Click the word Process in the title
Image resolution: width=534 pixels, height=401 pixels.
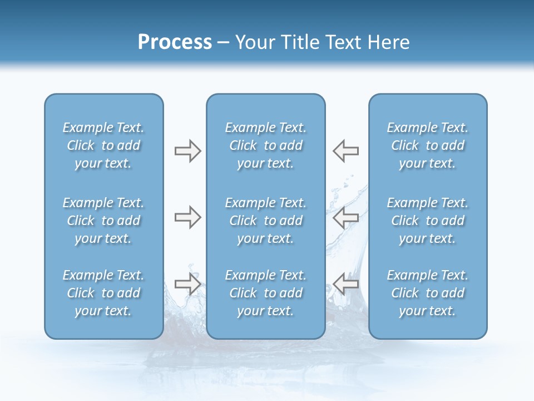click(x=175, y=42)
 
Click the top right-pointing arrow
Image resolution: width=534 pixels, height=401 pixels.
click(x=187, y=151)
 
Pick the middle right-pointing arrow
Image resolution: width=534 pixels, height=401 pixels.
click(x=187, y=217)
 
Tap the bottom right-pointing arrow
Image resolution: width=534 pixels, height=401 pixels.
click(x=187, y=284)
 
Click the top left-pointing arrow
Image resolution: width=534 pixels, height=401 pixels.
click(x=345, y=151)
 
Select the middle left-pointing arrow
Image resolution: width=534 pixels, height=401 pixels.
click(x=345, y=217)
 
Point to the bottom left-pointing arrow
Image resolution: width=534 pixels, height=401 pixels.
click(x=345, y=284)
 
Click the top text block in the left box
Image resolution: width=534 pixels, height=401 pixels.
click(x=103, y=145)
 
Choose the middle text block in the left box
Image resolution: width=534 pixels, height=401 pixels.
click(x=103, y=221)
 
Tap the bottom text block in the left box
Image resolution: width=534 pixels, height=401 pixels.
click(x=103, y=293)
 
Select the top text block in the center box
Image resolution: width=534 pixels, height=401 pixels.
click(x=266, y=145)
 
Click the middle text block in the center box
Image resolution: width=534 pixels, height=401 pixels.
click(x=266, y=221)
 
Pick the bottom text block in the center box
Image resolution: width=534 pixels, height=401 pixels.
click(x=266, y=293)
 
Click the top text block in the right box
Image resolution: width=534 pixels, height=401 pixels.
click(x=428, y=145)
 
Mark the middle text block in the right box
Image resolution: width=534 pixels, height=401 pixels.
click(x=428, y=221)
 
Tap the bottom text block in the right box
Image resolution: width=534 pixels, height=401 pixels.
click(x=428, y=293)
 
